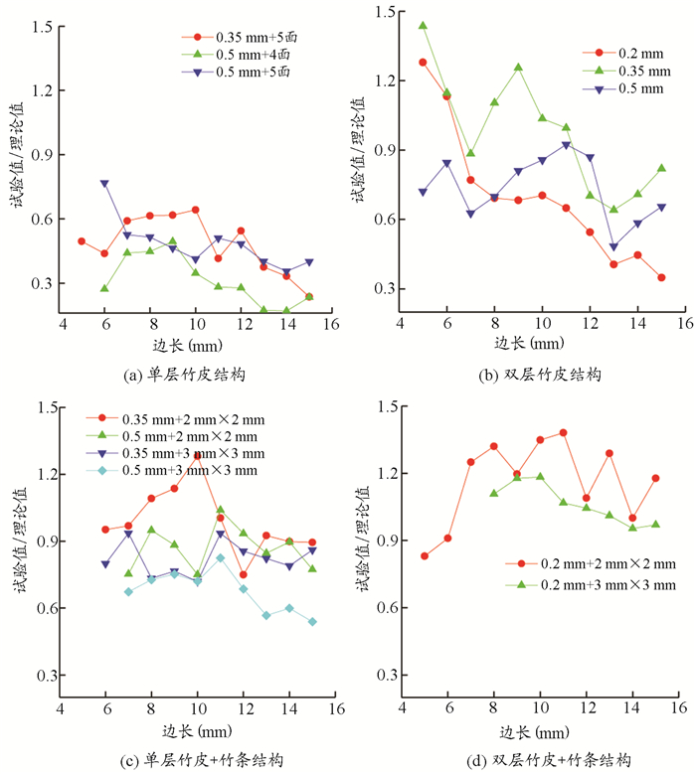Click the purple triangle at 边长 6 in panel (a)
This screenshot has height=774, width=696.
pyautogui.click(x=104, y=184)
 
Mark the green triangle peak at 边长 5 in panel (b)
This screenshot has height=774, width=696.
pyautogui.click(x=423, y=26)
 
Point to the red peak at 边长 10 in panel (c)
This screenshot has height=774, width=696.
pyautogui.click(x=196, y=455)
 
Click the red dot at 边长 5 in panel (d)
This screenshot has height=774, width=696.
pyautogui.click(x=425, y=555)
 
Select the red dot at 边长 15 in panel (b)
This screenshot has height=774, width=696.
pyautogui.click(x=661, y=277)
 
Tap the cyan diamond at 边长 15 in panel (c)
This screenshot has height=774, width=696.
pyautogui.click(x=313, y=622)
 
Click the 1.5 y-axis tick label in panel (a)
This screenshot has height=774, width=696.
pyautogui.click(x=41, y=27)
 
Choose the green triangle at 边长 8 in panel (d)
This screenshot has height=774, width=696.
pyautogui.click(x=493, y=493)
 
